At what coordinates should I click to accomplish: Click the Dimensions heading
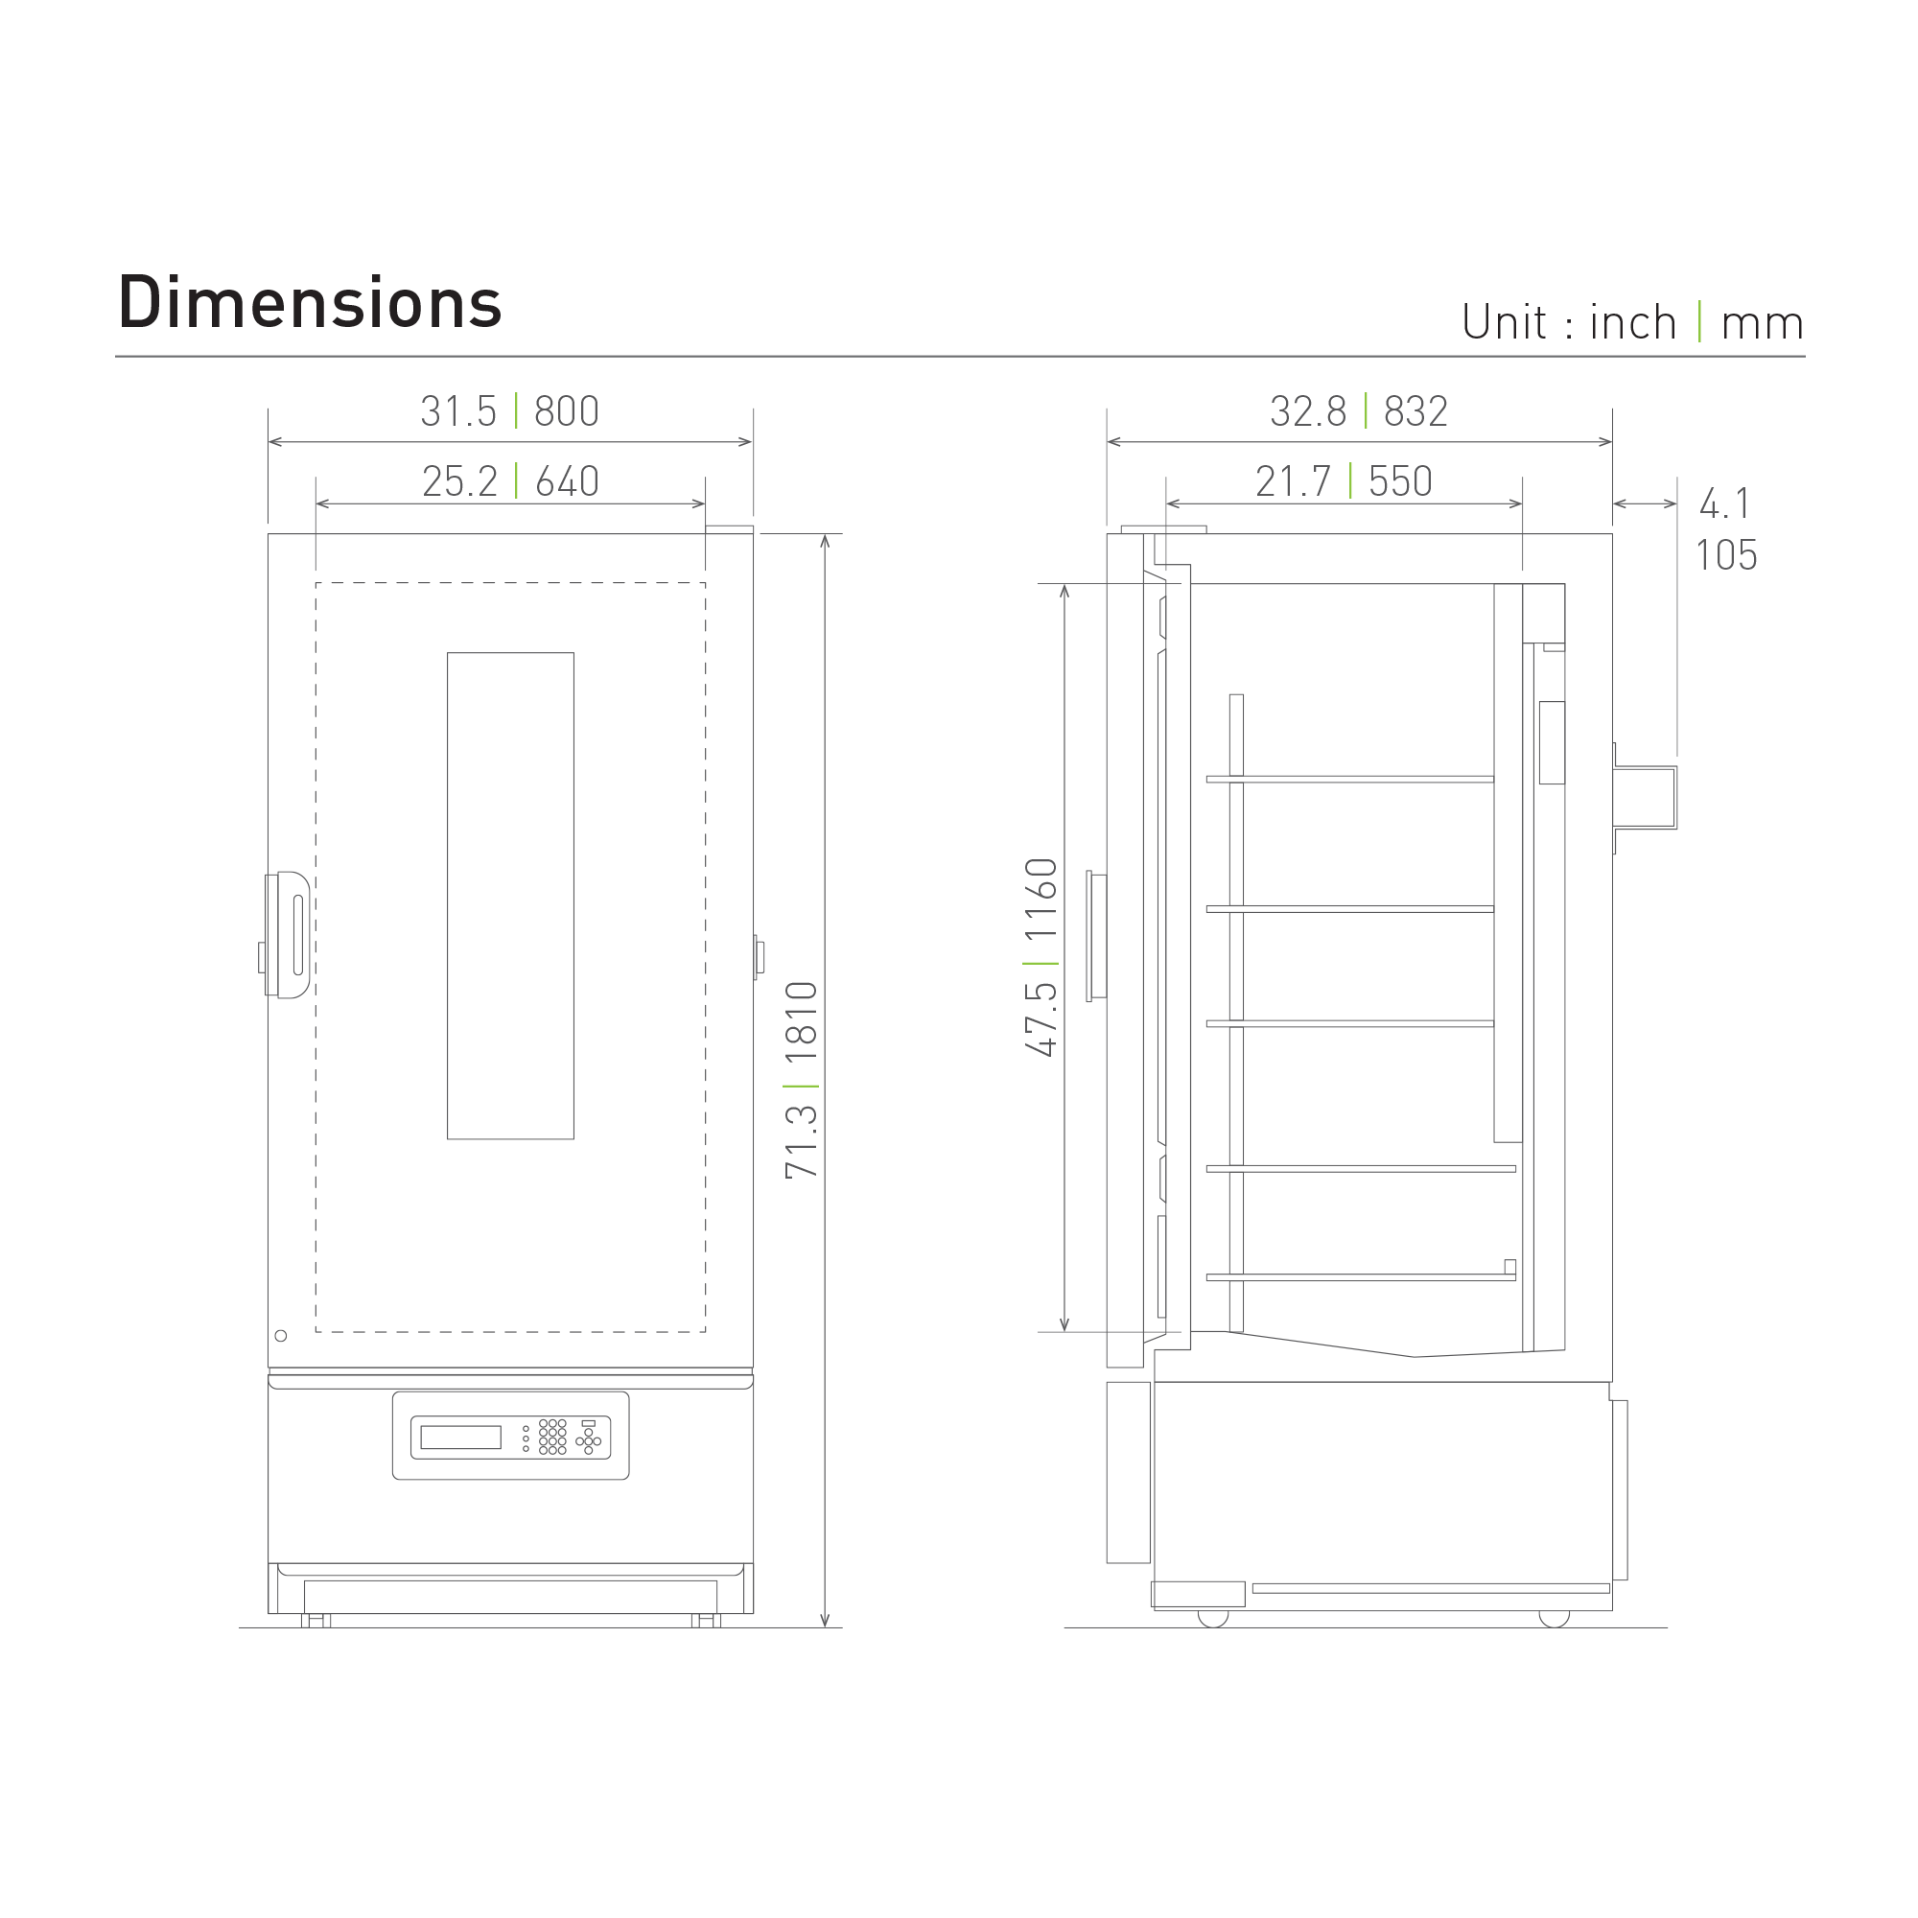point(310,303)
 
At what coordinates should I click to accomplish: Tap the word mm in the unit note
point(1762,323)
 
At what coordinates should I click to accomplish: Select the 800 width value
point(567,411)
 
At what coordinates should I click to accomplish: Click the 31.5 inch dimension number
point(457,411)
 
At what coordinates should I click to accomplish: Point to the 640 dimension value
point(567,481)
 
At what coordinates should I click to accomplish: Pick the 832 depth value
point(1415,411)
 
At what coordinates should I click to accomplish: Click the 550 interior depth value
point(1400,481)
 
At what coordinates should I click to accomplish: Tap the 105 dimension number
point(1725,555)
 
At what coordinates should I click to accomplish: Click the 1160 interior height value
point(1041,900)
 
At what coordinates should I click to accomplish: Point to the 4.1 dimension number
point(1725,503)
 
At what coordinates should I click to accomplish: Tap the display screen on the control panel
point(460,1437)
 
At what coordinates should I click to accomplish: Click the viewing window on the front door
point(510,896)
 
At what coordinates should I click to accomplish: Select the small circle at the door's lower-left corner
point(281,1335)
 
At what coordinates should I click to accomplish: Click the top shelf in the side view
point(1350,780)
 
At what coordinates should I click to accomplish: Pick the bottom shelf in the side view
point(1360,1277)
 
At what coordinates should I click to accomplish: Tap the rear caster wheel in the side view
point(1554,1618)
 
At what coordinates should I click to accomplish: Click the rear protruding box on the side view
point(1644,797)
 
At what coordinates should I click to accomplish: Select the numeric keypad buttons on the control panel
point(552,1437)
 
